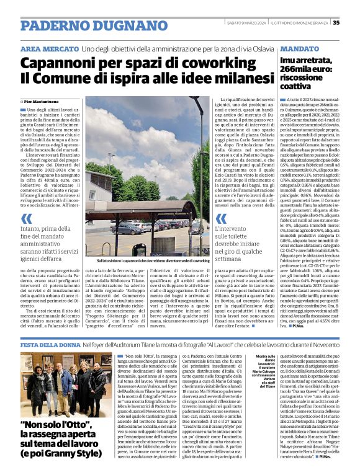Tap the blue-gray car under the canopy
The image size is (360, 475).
(x=127, y=228)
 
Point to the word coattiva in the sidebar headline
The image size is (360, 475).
(x=297, y=87)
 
